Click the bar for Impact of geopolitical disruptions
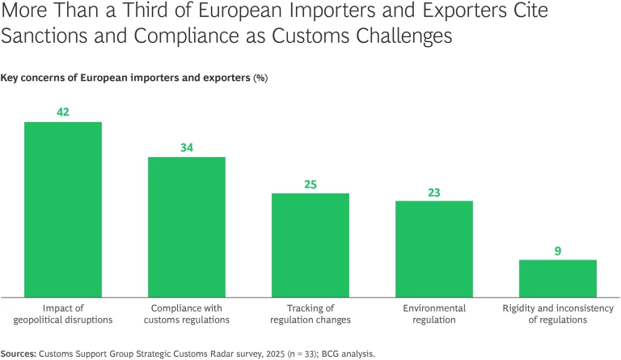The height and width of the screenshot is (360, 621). coord(63,209)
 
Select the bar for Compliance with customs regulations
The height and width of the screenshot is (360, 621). coord(186,227)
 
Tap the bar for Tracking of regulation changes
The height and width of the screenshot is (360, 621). coord(310,244)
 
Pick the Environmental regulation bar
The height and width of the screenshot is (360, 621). coord(433,248)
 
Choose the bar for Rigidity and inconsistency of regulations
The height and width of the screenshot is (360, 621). coord(557,277)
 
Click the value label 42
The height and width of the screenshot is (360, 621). coord(63,112)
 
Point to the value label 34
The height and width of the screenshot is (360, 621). coord(186,147)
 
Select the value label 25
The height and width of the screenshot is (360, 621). coord(310,184)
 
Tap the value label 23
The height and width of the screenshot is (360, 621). coord(433,192)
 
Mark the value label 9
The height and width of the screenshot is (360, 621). coord(557,250)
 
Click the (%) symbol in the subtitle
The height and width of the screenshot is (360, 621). coord(260,78)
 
